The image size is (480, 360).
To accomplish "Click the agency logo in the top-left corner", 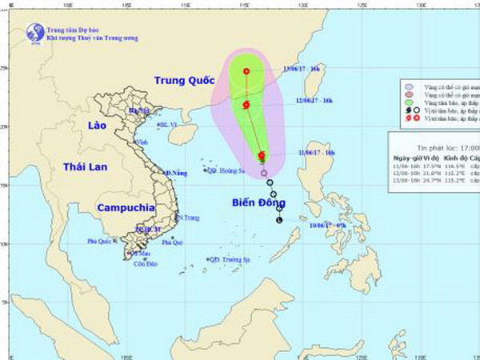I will tap(34, 32).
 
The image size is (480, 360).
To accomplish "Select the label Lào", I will tap(82, 126).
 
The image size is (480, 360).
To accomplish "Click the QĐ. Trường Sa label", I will tap(227, 260).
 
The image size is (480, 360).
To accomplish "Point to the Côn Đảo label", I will tap(142, 263).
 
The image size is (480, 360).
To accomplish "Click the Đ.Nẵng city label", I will tap(176, 173).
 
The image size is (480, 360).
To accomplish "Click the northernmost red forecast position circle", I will tap(246, 71).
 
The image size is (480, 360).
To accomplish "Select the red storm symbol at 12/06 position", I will tap(246, 105).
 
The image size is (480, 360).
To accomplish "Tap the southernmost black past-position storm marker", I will tap(279, 219).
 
